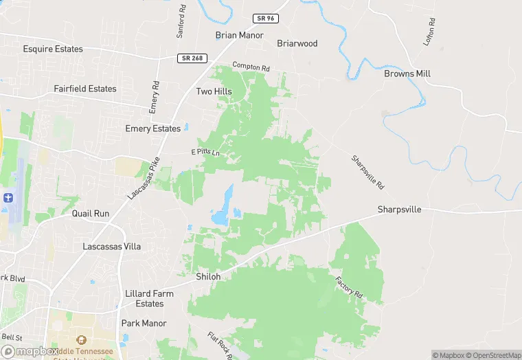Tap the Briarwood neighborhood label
coord(297,43)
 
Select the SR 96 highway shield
coord(264,19)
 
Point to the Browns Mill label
coord(407,74)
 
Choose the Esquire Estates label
coord(53,49)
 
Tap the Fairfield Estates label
coord(85,89)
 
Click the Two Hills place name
coord(214,91)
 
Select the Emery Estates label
coord(152,128)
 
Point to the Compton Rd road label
coord(251,67)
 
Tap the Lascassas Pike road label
coord(143,178)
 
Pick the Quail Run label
coord(91,214)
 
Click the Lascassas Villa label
coord(112,246)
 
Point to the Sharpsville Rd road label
coord(367,172)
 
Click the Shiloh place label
coord(208,276)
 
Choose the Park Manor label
coord(144,323)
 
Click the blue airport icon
coord(8,198)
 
